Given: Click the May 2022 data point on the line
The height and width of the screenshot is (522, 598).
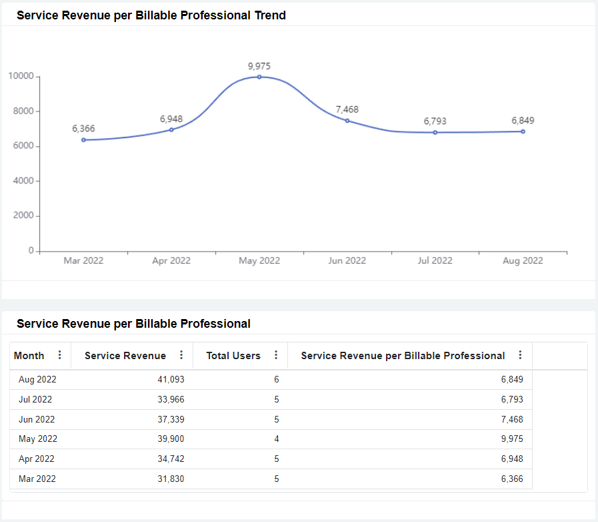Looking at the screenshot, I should (x=259, y=77).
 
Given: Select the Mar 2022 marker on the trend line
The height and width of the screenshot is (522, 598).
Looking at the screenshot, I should (x=83, y=140).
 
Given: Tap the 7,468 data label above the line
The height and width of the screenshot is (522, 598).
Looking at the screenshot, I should (x=347, y=109).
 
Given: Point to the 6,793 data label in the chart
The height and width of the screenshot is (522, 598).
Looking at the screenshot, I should (x=435, y=121).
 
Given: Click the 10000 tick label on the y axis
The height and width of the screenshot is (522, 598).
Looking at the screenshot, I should (x=21, y=76).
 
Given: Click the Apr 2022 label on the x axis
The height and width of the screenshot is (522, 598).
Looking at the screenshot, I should (x=171, y=261).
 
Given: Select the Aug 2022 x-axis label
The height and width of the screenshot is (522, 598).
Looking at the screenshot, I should (x=523, y=261).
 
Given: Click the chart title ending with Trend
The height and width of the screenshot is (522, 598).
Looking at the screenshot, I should (x=151, y=15).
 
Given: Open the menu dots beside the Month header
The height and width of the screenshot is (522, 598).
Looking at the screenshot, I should (x=60, y=355).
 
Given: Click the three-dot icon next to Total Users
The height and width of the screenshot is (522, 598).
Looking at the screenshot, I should (x=276, y=355).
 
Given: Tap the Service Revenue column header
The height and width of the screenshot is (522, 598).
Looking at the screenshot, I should (x=125, y=356).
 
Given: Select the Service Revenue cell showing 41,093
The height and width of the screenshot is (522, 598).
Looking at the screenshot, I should (x=171, y=380).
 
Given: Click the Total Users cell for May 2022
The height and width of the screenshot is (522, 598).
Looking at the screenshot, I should (x=276, y=439).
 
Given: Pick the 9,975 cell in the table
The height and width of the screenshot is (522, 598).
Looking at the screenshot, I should (x=512, y=439).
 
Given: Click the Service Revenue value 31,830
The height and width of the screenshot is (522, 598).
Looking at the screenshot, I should (x=171, y=479).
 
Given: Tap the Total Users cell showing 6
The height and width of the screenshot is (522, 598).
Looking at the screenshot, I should (x=276, y=380).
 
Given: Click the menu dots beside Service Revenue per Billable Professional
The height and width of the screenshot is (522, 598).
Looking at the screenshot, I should (x=520, y=355).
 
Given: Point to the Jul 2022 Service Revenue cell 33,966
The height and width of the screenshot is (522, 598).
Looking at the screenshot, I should (x=171, y=400).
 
